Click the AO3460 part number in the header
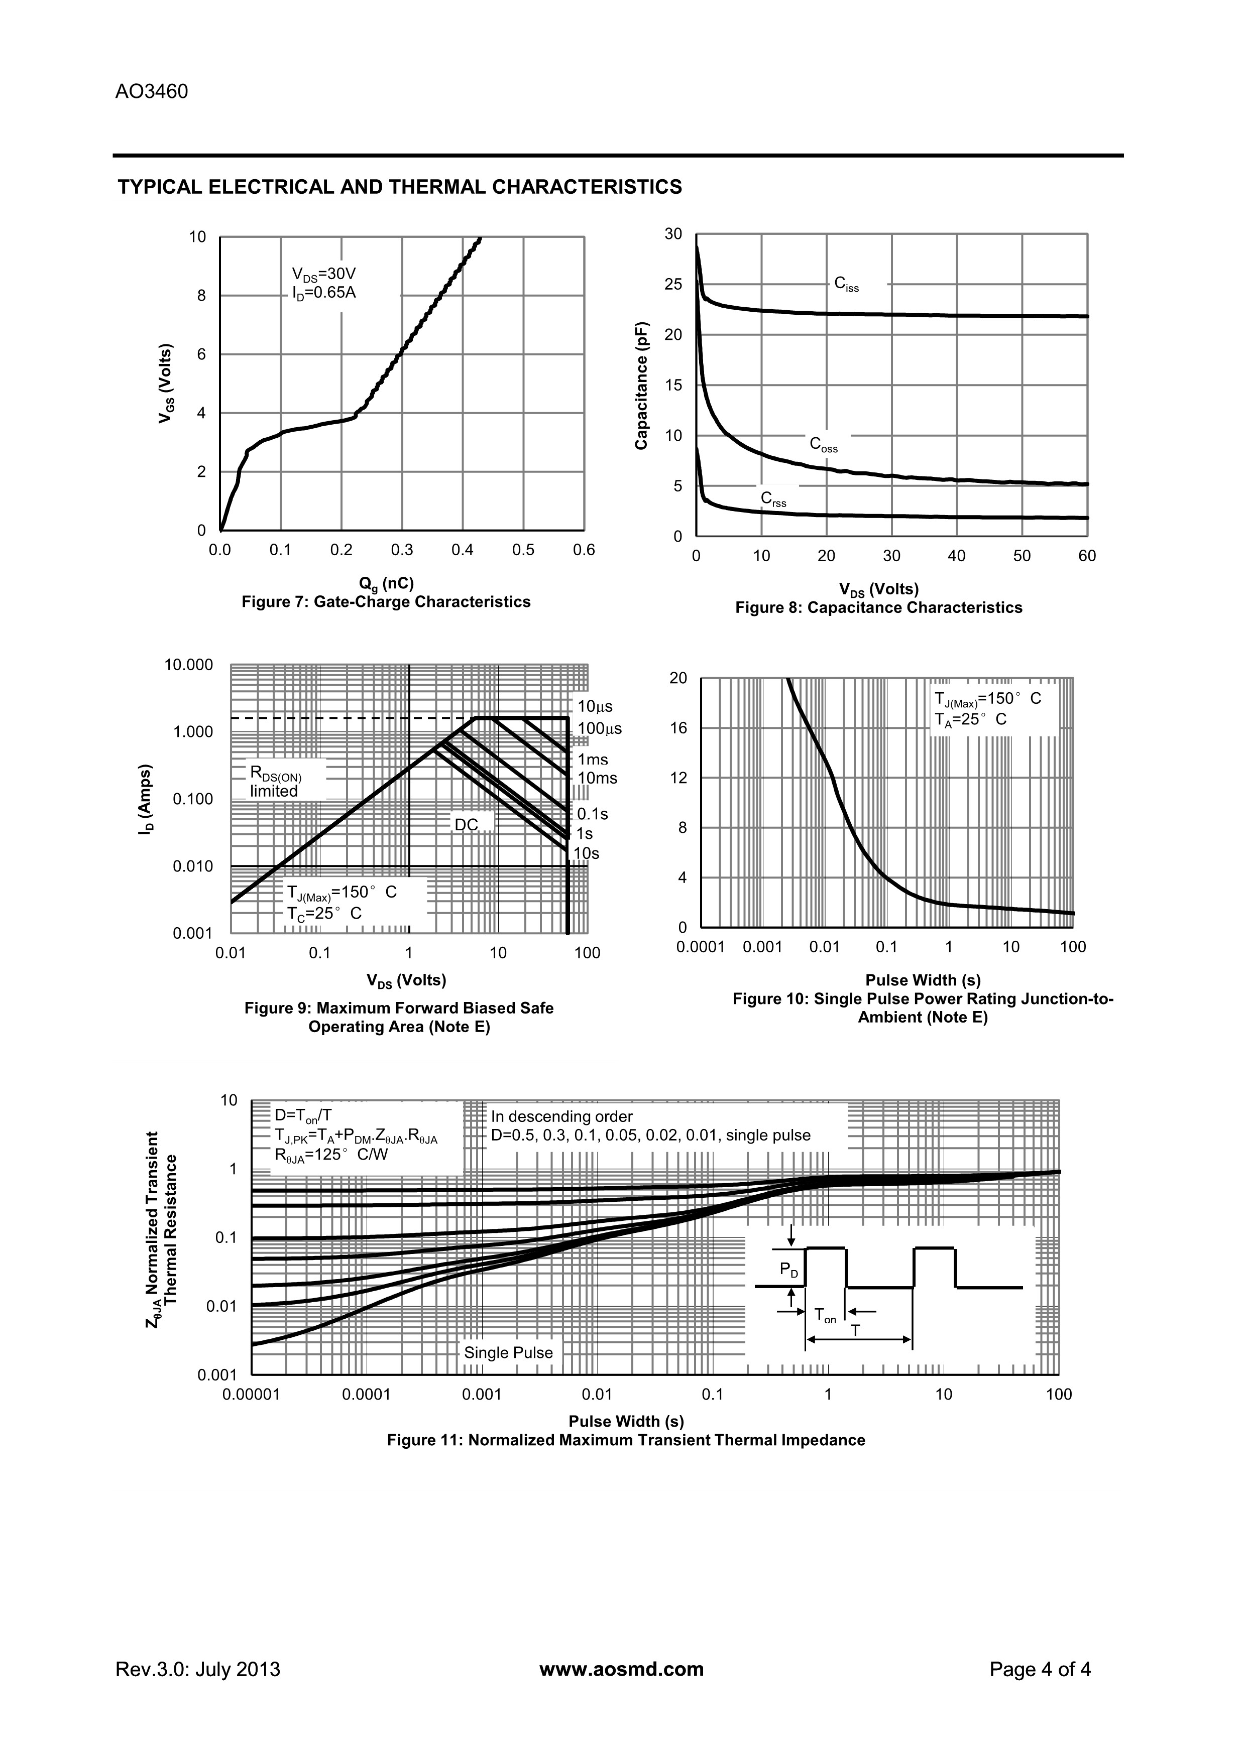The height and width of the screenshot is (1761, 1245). [x=151, y=92]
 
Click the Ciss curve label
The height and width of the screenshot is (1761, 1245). [x=846, y=285]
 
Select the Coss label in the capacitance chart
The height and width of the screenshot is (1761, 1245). [x=823, y=445]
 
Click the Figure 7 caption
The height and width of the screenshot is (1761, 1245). [x=386, y=602]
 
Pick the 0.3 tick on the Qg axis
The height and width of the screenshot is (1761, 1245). [x=401, y=550]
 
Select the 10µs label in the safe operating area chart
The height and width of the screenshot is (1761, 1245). [x=595, y=706]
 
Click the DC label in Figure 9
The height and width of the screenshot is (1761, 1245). [x=467, y=824]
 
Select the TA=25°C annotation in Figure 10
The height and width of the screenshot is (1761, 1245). [x=970, y=719]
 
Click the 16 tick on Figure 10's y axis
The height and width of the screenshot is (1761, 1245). [x=678, y=728]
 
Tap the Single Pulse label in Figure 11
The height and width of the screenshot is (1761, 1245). [x=508, y=1353]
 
